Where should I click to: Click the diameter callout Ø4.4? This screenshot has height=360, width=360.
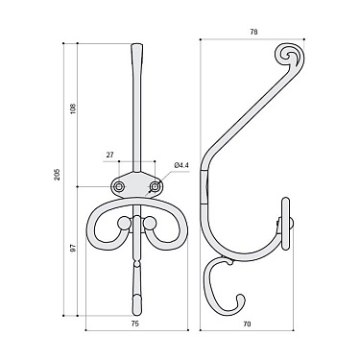click(181, 164)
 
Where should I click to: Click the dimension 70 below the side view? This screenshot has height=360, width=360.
click(247, 325)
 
